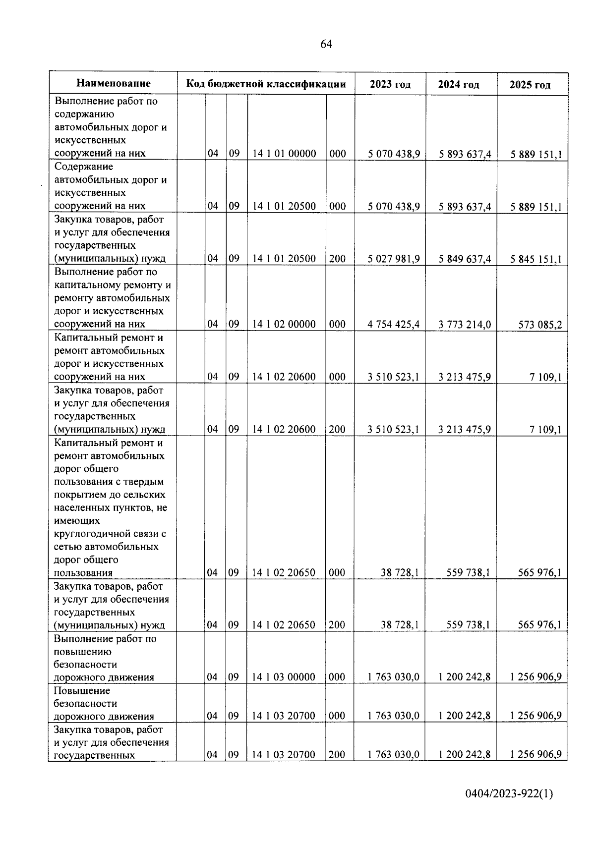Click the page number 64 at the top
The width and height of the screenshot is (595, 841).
pyautogui.click(x=326, y=45)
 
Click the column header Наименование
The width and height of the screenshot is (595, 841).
pyautogui.click(x=114, y=83)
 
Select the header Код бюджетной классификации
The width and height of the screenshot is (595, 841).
pyautogui.click(x=266, y=84)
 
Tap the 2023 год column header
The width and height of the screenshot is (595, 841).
pyautogui.click(x=390, y=84)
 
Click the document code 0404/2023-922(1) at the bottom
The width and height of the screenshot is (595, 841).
pyautogui.click(x=508, y=794)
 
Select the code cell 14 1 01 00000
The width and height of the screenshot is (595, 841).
pyautogui.click(x=284, y=154)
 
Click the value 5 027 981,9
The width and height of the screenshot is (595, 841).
pyautogui.click(x=394, y=259)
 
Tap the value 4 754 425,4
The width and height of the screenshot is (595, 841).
pyautogui.click(x=394, y=325)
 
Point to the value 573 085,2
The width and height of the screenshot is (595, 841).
pyautogui.click(x=539, y=325)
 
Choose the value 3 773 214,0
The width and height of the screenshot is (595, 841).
pyautogui.click(x=465, y=325)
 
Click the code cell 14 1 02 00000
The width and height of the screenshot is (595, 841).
pyautogui.click(x=284, y=324)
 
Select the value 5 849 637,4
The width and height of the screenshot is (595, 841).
pyautogui.click(x=465, y=259)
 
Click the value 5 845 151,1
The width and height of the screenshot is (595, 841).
pyautogui.click(x=536, y=259)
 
